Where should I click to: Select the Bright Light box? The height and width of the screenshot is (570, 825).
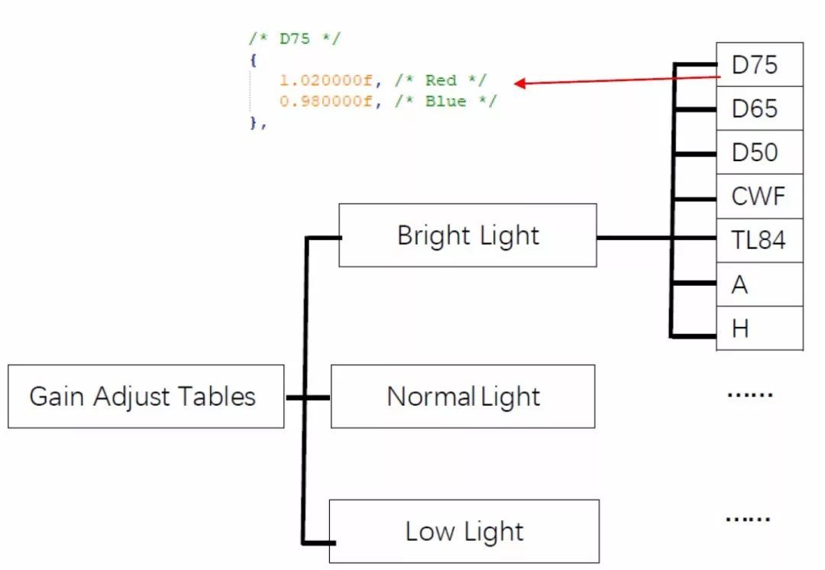pos(467,235)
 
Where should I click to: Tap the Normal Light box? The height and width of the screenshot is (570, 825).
pos(462,396)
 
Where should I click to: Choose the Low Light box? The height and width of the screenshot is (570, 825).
pos(464,531)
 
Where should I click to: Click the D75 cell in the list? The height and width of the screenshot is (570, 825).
pos(759,65)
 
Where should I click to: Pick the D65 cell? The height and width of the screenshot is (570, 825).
pos(759,108)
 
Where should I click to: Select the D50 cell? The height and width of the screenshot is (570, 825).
pos(759,152)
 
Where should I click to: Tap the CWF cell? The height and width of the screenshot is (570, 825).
pos(759,196)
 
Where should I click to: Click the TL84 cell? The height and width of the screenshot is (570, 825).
pos(759,241)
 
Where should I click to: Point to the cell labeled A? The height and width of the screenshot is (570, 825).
pos(759,285)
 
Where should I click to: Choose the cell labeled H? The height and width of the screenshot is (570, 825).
pos(759,329)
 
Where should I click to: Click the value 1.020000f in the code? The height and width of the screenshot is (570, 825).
pos(326,80)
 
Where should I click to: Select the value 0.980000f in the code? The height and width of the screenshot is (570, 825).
pos(326,101)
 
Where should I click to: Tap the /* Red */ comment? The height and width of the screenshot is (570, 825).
pos(440,80)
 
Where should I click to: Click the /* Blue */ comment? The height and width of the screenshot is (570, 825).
pos(445,101)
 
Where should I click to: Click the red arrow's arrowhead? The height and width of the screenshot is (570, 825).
pos(520,83)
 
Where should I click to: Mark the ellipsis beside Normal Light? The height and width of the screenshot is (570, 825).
pos(749,395)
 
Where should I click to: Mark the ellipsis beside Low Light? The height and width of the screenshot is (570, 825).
pos(747,519)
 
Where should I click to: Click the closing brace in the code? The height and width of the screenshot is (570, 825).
pos(254,122)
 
